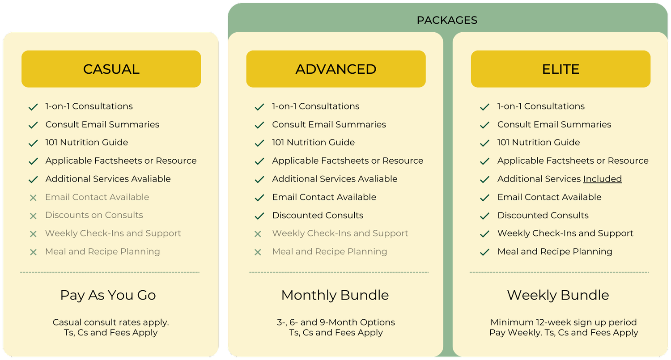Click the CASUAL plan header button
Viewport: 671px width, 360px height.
[x=111, y=69]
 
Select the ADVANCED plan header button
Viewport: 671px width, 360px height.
[x=336, y=69]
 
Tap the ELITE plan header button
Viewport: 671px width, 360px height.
[x=561, y=69]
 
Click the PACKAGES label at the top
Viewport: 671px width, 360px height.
[x=447, y=20]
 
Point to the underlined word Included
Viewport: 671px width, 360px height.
[x=602, y=179]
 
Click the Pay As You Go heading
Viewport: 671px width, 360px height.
[x=108, y=295]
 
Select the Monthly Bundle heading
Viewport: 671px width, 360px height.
[x=335, y=295]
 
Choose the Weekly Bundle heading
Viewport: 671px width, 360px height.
[x=558, y=295]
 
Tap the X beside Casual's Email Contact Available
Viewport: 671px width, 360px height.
[x=33, y=198]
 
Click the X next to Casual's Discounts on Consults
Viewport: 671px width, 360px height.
[x=33, y=216]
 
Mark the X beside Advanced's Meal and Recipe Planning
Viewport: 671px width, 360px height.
[x=258, y=252]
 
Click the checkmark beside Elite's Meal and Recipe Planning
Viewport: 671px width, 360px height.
[x=484, y=252]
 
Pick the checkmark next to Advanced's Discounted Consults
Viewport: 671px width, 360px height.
[x=259, y=216]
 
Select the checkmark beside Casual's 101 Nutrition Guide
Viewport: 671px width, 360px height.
[x=33, y=143]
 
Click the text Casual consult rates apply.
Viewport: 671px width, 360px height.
[x=111, y=322]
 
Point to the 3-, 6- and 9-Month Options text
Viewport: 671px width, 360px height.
[x=336, y=322]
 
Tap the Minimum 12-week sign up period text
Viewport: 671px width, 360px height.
[x=564, y=322]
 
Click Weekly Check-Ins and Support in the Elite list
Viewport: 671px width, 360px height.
[x=565, y=233]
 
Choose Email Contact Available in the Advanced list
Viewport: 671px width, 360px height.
[x=324, y=197]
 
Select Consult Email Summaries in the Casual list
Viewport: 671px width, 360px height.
[x=102, y=125]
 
